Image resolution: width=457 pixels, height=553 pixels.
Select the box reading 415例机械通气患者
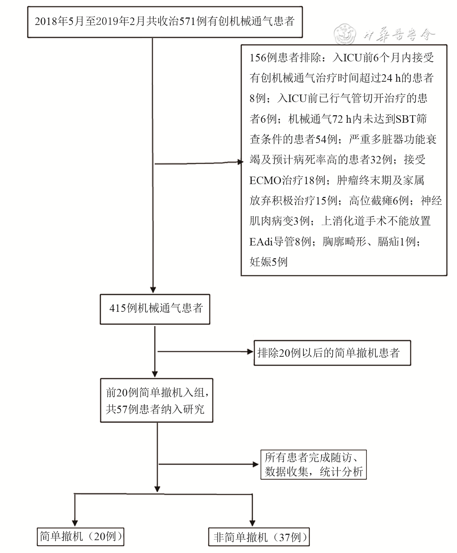coord(155,309)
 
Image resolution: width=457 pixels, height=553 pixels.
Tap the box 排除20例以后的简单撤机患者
coord(332,353)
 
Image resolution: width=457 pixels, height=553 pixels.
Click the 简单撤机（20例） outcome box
coord(81,536)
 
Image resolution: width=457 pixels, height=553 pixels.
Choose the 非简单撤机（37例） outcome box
coord(259,537)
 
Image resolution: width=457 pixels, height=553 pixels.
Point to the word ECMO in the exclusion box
coord(265,180)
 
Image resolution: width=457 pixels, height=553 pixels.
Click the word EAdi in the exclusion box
coord(261,242)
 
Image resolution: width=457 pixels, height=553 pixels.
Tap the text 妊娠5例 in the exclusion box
coord(268,262)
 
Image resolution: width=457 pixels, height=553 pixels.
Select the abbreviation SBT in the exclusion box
coord(406,119)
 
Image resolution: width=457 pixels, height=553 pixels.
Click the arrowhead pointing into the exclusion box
coord(240,162)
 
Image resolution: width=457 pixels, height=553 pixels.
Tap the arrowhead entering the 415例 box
coord(153,290)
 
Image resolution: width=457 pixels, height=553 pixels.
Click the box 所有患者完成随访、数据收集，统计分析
coord(313,465)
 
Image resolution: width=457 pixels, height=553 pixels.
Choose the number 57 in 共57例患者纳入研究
coord(122,409)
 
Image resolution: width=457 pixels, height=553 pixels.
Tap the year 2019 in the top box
coord(107,21)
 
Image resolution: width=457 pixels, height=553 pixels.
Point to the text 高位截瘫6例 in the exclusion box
coord(379,201)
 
